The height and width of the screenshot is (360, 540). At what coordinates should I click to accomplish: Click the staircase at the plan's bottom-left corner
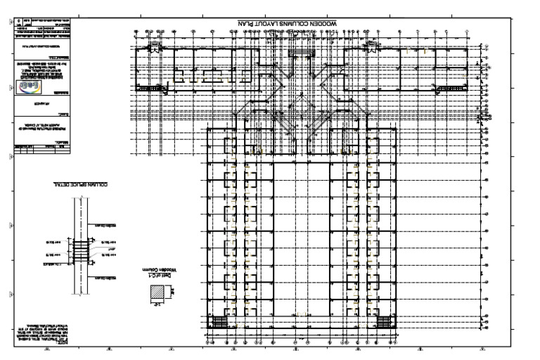point(219,322)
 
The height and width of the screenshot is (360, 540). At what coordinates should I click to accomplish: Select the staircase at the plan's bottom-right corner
point(385,322)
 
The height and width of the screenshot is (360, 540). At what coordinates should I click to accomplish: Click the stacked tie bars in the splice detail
point(82,250)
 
